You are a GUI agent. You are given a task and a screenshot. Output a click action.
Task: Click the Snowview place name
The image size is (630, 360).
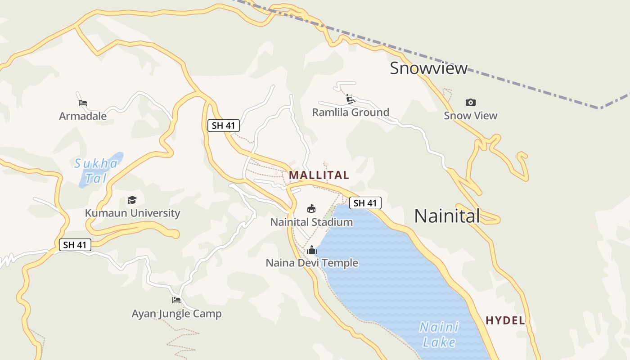point(428,68)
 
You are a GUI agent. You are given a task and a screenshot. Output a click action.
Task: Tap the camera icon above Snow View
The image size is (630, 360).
point(471,103)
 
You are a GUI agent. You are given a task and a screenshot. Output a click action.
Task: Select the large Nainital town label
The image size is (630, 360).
point(447,216)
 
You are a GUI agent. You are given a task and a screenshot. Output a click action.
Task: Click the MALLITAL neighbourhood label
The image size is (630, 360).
point(319,175)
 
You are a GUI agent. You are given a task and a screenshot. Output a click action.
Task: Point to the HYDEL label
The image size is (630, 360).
point(505,320)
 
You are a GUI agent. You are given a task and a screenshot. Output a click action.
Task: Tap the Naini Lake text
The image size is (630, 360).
point(439,334)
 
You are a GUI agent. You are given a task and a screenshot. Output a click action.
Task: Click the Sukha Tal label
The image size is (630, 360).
point(96,171)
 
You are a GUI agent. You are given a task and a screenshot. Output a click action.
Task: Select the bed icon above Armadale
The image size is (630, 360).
point(83,103)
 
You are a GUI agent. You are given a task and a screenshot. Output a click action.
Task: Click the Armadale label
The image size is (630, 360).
point(83,116)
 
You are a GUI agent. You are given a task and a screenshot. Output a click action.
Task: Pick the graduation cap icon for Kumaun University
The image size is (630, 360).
point(132,200)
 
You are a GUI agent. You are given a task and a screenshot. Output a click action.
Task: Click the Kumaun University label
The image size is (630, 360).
point(133,213)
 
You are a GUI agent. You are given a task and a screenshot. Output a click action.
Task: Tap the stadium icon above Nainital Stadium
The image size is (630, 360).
point(311,209)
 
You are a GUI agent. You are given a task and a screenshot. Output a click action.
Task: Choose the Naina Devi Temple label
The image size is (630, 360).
point(312,263)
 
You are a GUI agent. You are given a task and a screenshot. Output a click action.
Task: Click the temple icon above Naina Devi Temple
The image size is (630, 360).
point(312,250)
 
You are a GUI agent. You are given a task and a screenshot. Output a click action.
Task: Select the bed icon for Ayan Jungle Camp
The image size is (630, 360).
point(176,300)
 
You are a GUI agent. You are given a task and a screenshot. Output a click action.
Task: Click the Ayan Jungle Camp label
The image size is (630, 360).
point(176,314)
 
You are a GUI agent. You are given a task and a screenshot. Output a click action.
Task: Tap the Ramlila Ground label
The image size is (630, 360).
point(351,112)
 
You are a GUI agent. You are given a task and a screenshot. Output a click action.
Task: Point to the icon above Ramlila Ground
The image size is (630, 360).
point(351,99)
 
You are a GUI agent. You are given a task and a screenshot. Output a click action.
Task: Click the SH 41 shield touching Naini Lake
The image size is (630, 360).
point(365,203)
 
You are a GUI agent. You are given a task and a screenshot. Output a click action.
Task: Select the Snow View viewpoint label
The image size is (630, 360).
point(471,116)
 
